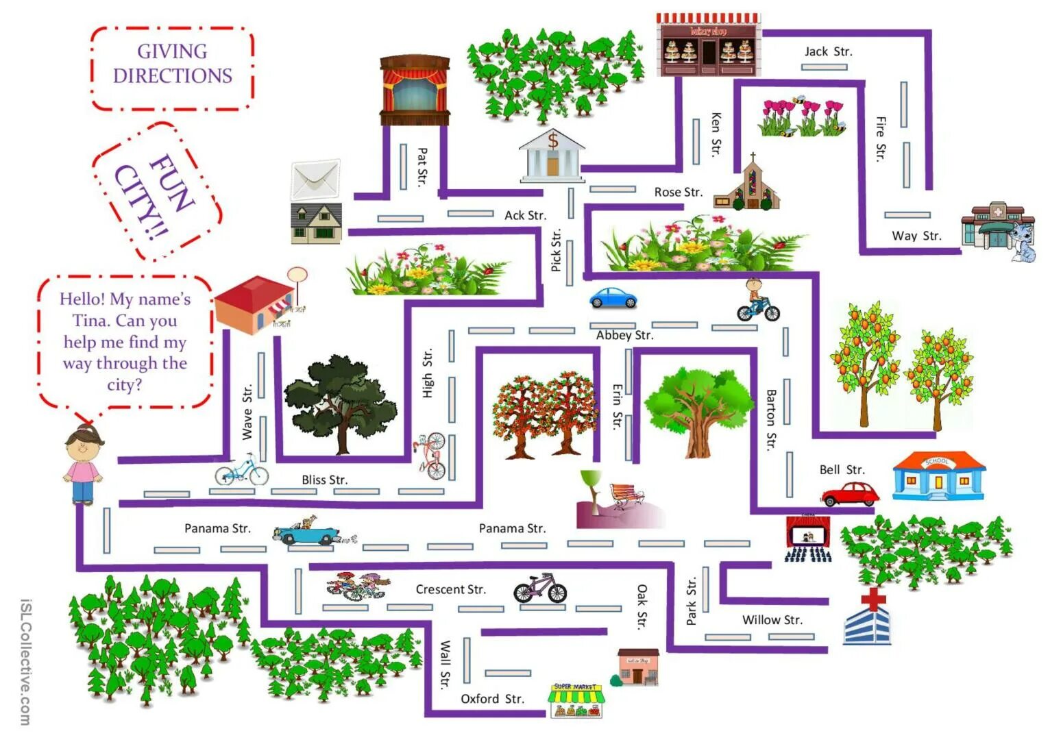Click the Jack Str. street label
[x=827, y=51]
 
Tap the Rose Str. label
[x=678, y=193]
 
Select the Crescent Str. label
[x=450, y=589]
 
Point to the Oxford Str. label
[x=492, y=699]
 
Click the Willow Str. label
[x=772, y=620]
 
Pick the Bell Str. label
[x=842, y=470]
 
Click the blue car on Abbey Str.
[x=613, y=298]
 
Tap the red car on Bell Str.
[x=850, y=493]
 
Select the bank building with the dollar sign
[x=552, y=156]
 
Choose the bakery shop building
[x=708, y=45]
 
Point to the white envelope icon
[x=315, y=179]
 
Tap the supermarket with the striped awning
[x=576, y=700]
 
